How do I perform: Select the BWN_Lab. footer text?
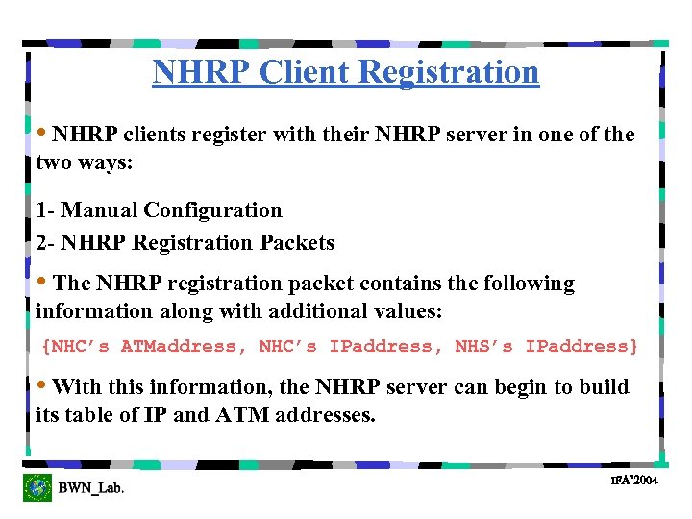[x=91, y=488]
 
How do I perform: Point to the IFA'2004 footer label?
[x=634, y=480]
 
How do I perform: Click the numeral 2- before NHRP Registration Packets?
[x=45, y=243]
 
